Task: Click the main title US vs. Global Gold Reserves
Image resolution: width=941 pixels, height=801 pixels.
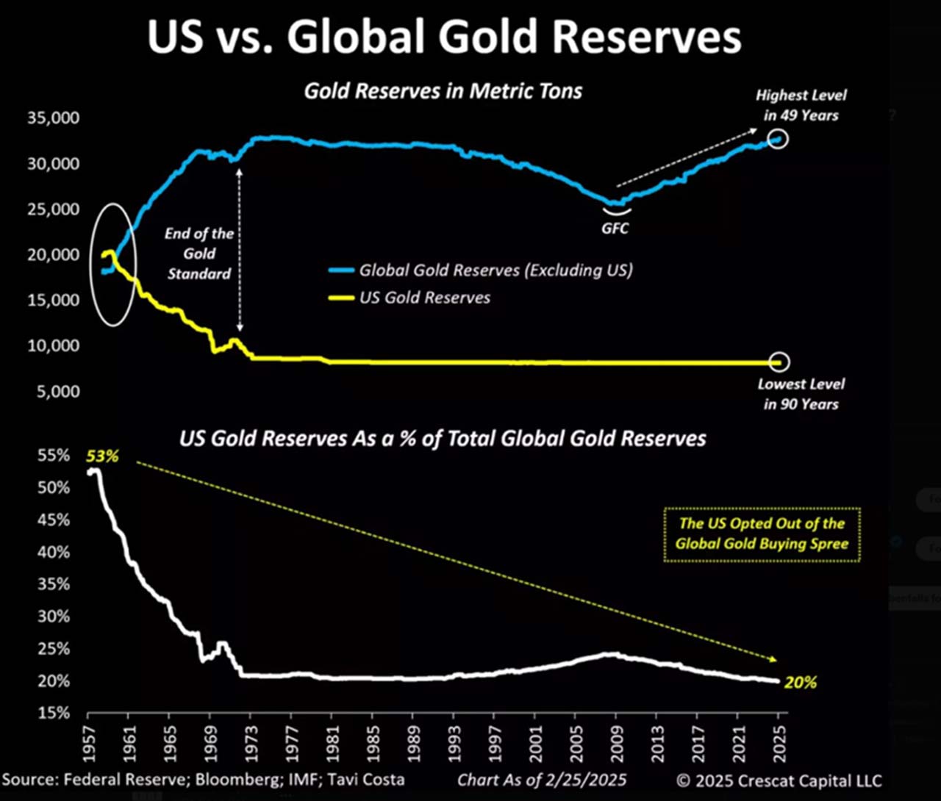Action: (x=444, y=37)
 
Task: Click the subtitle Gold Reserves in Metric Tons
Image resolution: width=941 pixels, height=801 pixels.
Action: (x=443, y=91)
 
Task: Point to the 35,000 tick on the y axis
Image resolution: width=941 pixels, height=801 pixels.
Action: (x=54, y=118)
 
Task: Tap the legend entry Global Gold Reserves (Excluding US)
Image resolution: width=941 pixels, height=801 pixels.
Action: (x=495, y=270)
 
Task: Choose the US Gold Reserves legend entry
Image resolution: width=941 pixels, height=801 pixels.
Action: (x=424, y=298)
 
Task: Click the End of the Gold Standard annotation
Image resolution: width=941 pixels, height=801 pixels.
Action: (x=199, y=254)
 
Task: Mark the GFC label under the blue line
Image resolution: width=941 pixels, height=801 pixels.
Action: (x=615, y=229)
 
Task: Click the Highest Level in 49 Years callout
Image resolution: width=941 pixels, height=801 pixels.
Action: (x=801, y=105)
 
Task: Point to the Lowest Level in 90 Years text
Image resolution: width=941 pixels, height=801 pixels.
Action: (x=801, y=394)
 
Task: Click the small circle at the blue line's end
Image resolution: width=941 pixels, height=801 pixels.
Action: (x=779, y=138)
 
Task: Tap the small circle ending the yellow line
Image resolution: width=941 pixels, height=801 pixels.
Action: (x=780, y=362)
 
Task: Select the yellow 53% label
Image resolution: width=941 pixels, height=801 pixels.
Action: (x=102, y=456)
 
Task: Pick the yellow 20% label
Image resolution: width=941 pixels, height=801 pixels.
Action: (x=801, y=683)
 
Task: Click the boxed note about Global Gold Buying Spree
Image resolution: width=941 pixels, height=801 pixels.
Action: (x=762, y=534)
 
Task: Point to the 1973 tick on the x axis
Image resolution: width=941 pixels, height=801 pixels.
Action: (x=251, y=741)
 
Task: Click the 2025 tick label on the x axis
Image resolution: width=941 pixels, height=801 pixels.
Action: (x=780, y=741)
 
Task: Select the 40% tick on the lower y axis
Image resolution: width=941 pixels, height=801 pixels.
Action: (x=54, y=552)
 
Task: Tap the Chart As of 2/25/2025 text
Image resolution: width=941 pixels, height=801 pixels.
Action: (x=543, y=780)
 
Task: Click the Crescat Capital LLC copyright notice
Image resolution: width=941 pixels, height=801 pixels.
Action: (x=779, y=780)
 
